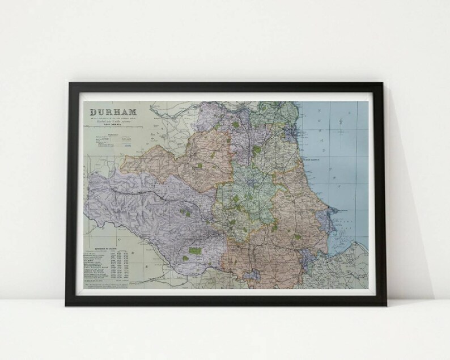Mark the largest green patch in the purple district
(196, 250)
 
